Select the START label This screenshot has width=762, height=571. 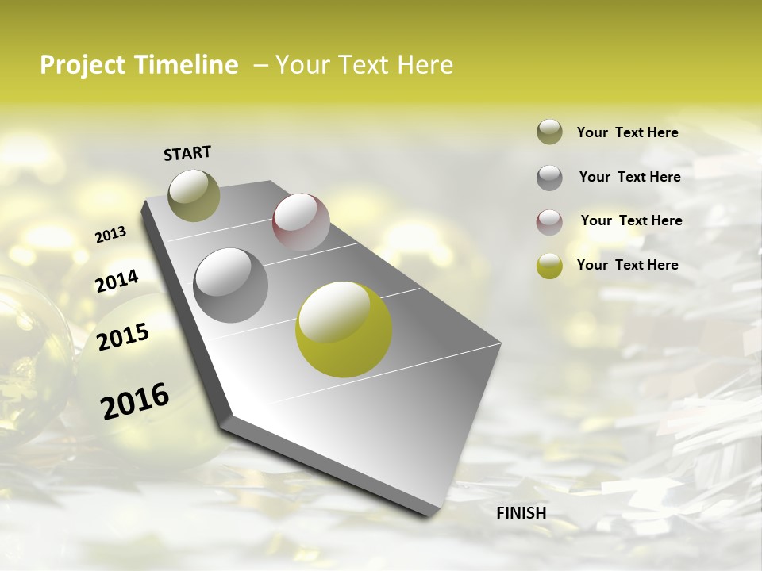[x=187, y=153]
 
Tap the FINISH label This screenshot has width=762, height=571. [x=521, y=513]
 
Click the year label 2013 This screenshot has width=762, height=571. [x=111, y=234]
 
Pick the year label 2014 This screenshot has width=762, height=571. [x=117, y=281]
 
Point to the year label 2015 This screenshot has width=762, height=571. [x=123, y=337]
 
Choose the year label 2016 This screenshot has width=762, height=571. [x=135, y=401]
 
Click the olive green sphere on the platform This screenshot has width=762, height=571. [x=194, y=195]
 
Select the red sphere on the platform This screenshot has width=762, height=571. [x=301, y=222]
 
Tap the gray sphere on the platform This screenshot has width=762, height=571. [x=231, y=285]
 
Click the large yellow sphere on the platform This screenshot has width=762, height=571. [x=344, y=329]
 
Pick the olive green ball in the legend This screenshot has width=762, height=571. [x=549, y=132]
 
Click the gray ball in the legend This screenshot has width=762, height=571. [x=549, y=178]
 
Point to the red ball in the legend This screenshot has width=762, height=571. [x=549, y=222]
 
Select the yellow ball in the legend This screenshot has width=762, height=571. [x=549, y=266]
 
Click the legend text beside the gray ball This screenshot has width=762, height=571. [x=629, y=177]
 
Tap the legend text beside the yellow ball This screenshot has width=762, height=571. [x=627, y=265]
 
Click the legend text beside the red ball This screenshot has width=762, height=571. [x=631, y=220]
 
